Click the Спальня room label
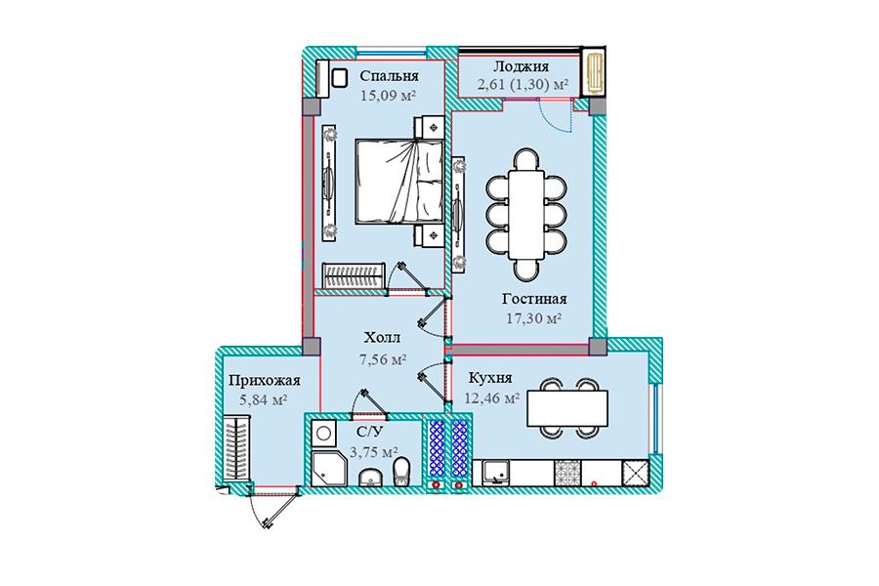[x=389, y=76]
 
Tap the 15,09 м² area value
[x=388, y=95]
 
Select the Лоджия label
[x=521, y=66]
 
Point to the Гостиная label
[x=534, y=299]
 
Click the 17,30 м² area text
[x=534, y=318]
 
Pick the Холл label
[x=382, y=338]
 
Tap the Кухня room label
[x=490, y=378]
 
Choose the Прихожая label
[x=264, y=381]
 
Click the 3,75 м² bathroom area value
[x=374, y=451]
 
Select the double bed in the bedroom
[x=399, y=181]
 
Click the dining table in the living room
[x=525, y=214]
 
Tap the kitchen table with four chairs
[x=567, y=408]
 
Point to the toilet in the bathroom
[x=402, y=472]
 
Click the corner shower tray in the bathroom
[x=325, y=469]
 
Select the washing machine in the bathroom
[x=323, y=433]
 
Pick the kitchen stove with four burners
[x=568, y=473]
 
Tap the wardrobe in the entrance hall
[x=237, y=448]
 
